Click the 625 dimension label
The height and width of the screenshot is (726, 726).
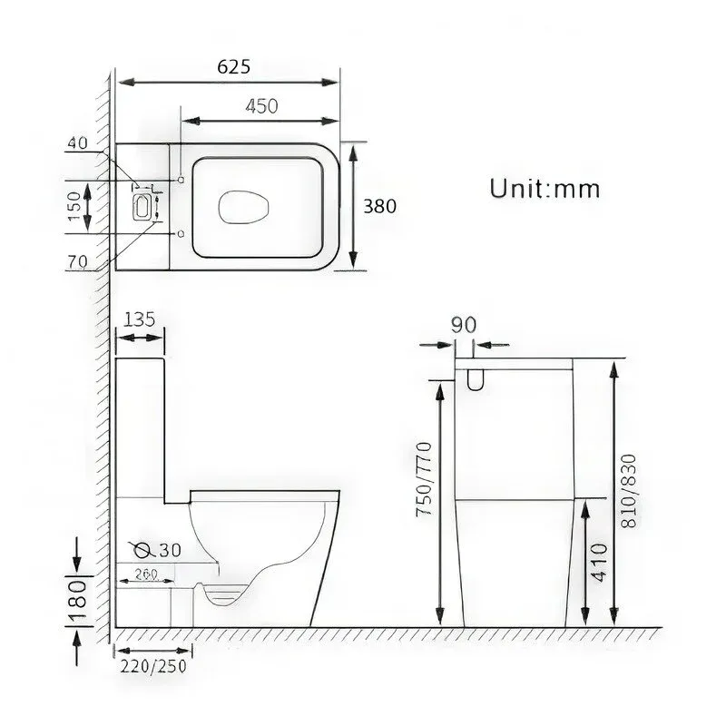pyautogui.click(x=234, y=66)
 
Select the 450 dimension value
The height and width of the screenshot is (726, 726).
pyautogui.click(x=261, y=106)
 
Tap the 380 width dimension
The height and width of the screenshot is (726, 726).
pyautogui.click(x=379, y=207)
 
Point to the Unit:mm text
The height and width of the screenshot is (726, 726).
pyautogui.click(x=544, y=189)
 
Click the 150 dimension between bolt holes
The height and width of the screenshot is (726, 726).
pyautogui.click(x=74, y=207)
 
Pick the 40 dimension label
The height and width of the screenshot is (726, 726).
pyautogui.click(x=77, y=143)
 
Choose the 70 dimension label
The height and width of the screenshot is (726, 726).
pyautogui.click(x=77, y=262)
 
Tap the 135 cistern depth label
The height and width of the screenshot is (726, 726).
pyautogui.click(x=140, y=319)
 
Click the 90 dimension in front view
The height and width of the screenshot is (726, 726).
pyautogui.click(x=464, y=326)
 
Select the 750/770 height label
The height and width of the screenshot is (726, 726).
pyautogui.click(x=424, y=479)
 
